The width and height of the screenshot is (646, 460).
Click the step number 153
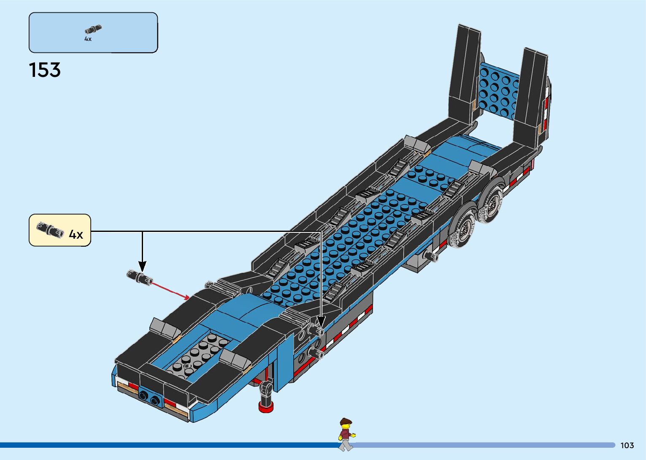[x=45, y=70]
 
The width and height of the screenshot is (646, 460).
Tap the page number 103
[x=627, y=445]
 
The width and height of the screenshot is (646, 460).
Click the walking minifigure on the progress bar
[x=346, y=434]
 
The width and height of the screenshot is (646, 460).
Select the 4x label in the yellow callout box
[x=76, y=234]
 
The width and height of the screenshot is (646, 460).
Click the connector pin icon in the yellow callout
[x=50, y=229]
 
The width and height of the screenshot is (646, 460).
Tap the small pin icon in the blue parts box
[x=93, y=30]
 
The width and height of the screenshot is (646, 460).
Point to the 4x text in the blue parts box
[x=88, y=39]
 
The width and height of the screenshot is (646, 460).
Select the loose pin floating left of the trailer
[x=139, y=278]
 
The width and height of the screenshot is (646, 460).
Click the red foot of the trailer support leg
[x=265, y=407]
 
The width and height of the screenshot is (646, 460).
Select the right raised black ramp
[x=531, y=95]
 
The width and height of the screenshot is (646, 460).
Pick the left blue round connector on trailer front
[x=143, y=395]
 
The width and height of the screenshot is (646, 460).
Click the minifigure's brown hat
[x=346, y=421]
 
